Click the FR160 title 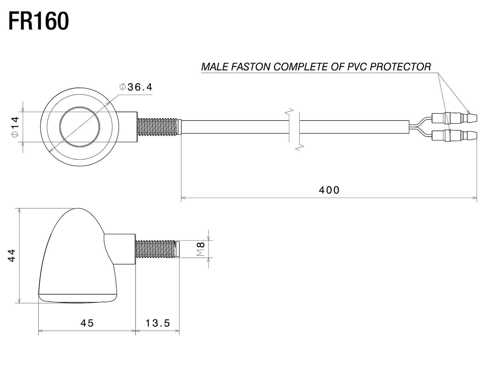39,21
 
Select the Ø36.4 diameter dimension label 136,87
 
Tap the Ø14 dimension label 16,127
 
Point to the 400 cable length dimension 329,190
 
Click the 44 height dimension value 12,256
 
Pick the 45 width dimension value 87,323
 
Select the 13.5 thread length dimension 157,323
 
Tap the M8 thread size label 201,249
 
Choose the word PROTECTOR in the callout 400,67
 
